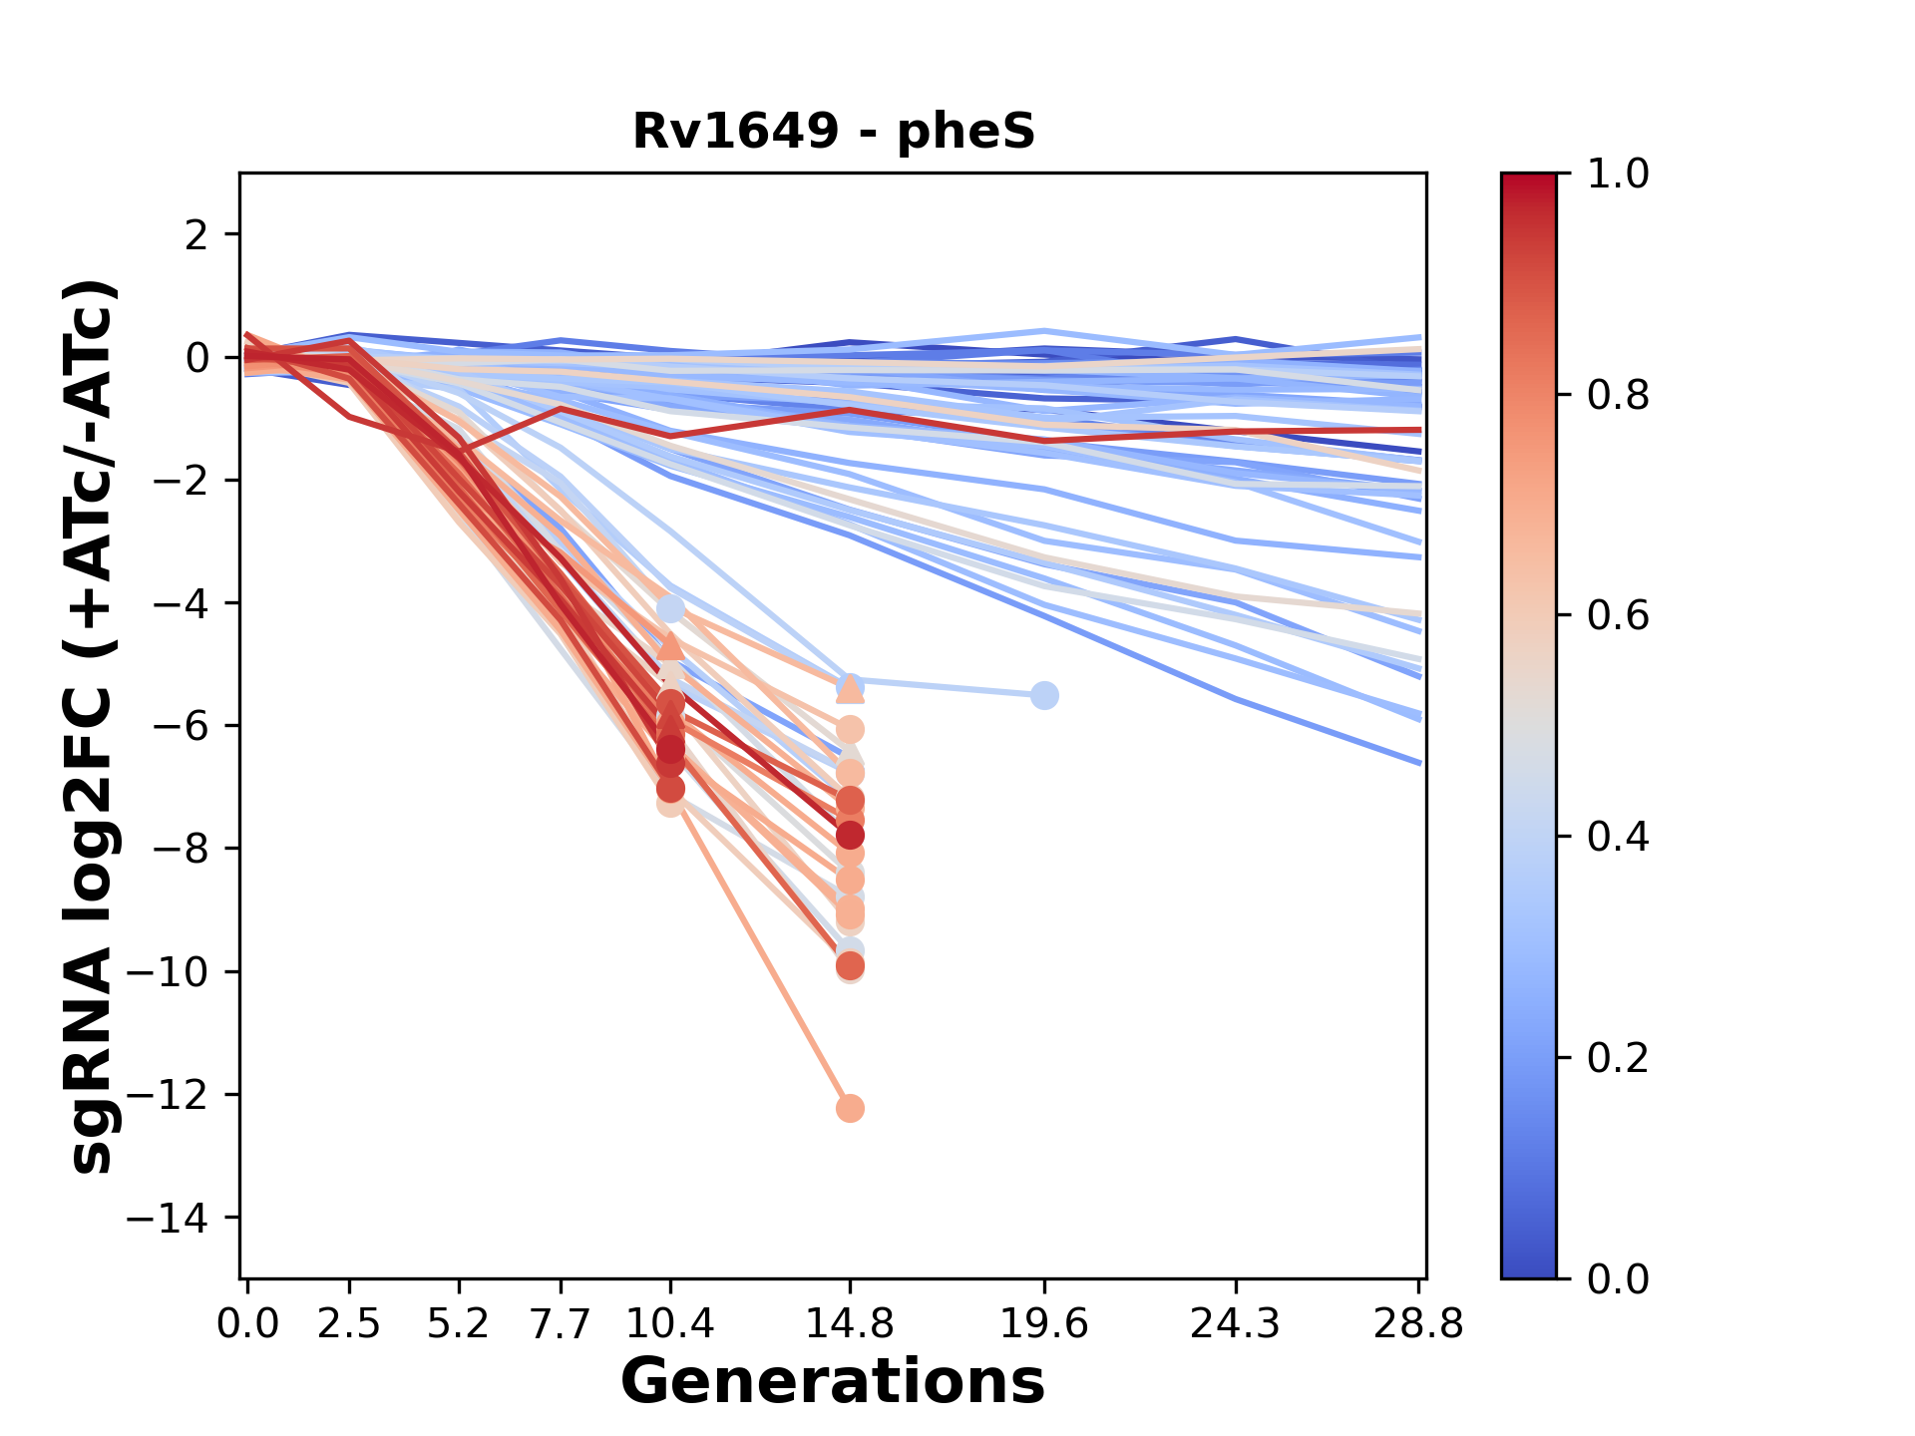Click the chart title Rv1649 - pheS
tap(834, 131)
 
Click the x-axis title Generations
tap(833, 1382)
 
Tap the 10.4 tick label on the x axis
tap(670, 1324)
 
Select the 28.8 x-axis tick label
tap(1418, 1324)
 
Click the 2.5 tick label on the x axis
tap(349, 1324)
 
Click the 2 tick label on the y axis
tap(197, 235)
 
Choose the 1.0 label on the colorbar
tap(1618, 175)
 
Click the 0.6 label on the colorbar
tap(1618, 616)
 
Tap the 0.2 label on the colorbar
tap(1618, 1058)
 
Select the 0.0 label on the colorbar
tap(1618, 1278)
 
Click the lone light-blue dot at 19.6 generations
tap(1044, 695)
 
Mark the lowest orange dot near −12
tap(850, 1108)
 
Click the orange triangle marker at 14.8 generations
tap(850, 688)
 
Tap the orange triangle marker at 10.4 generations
tap(670, 646)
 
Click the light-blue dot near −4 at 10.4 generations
tap(670, 608)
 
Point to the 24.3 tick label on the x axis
tap(1236, 1324)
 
